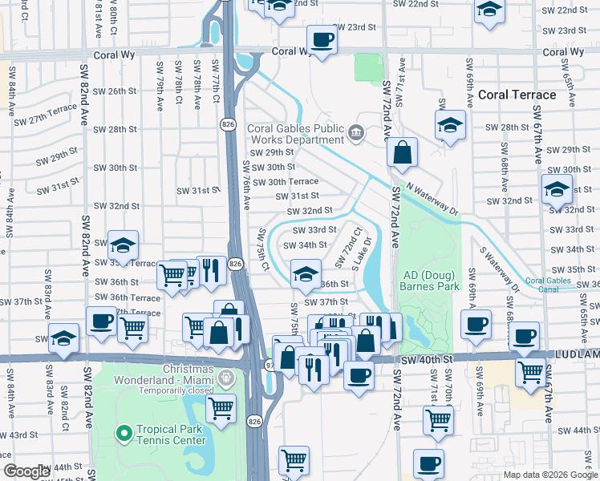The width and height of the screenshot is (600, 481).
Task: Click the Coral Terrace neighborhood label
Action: click(517, 95)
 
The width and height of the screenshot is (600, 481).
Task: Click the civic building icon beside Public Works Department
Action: click(357, 132)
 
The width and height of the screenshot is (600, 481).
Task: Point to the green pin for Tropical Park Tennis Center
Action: click(124, 435)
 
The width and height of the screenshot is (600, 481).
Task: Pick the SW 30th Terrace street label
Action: click(286, 182)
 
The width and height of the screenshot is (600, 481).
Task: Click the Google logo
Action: click(26, 471)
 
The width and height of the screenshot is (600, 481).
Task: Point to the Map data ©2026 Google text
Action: click(550, 475)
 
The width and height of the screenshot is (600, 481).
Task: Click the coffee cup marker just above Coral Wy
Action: click(322, 41)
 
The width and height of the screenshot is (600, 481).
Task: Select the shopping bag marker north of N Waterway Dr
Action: click(401, 152)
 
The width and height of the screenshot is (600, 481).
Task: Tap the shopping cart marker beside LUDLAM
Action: click(531, 373)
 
